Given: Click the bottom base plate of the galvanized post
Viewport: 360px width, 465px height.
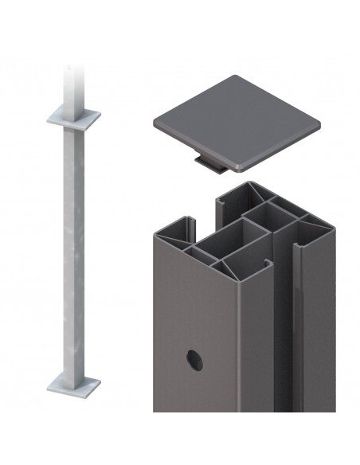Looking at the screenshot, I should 73,386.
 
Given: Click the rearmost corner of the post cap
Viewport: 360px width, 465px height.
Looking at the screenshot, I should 239,76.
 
